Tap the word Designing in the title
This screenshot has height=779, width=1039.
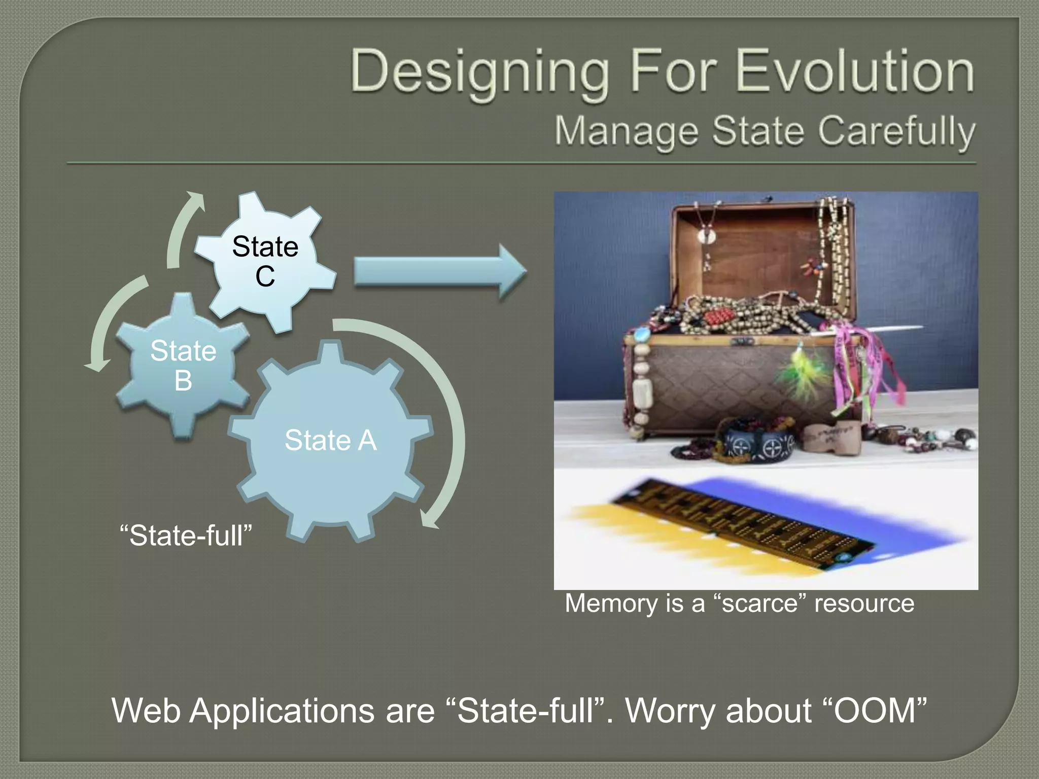[479, 72]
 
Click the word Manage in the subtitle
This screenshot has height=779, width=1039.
[626, 131]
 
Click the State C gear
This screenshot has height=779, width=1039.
[265, 261]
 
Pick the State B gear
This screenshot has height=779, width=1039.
[183, 365]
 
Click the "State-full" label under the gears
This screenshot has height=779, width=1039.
[186, 536]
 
